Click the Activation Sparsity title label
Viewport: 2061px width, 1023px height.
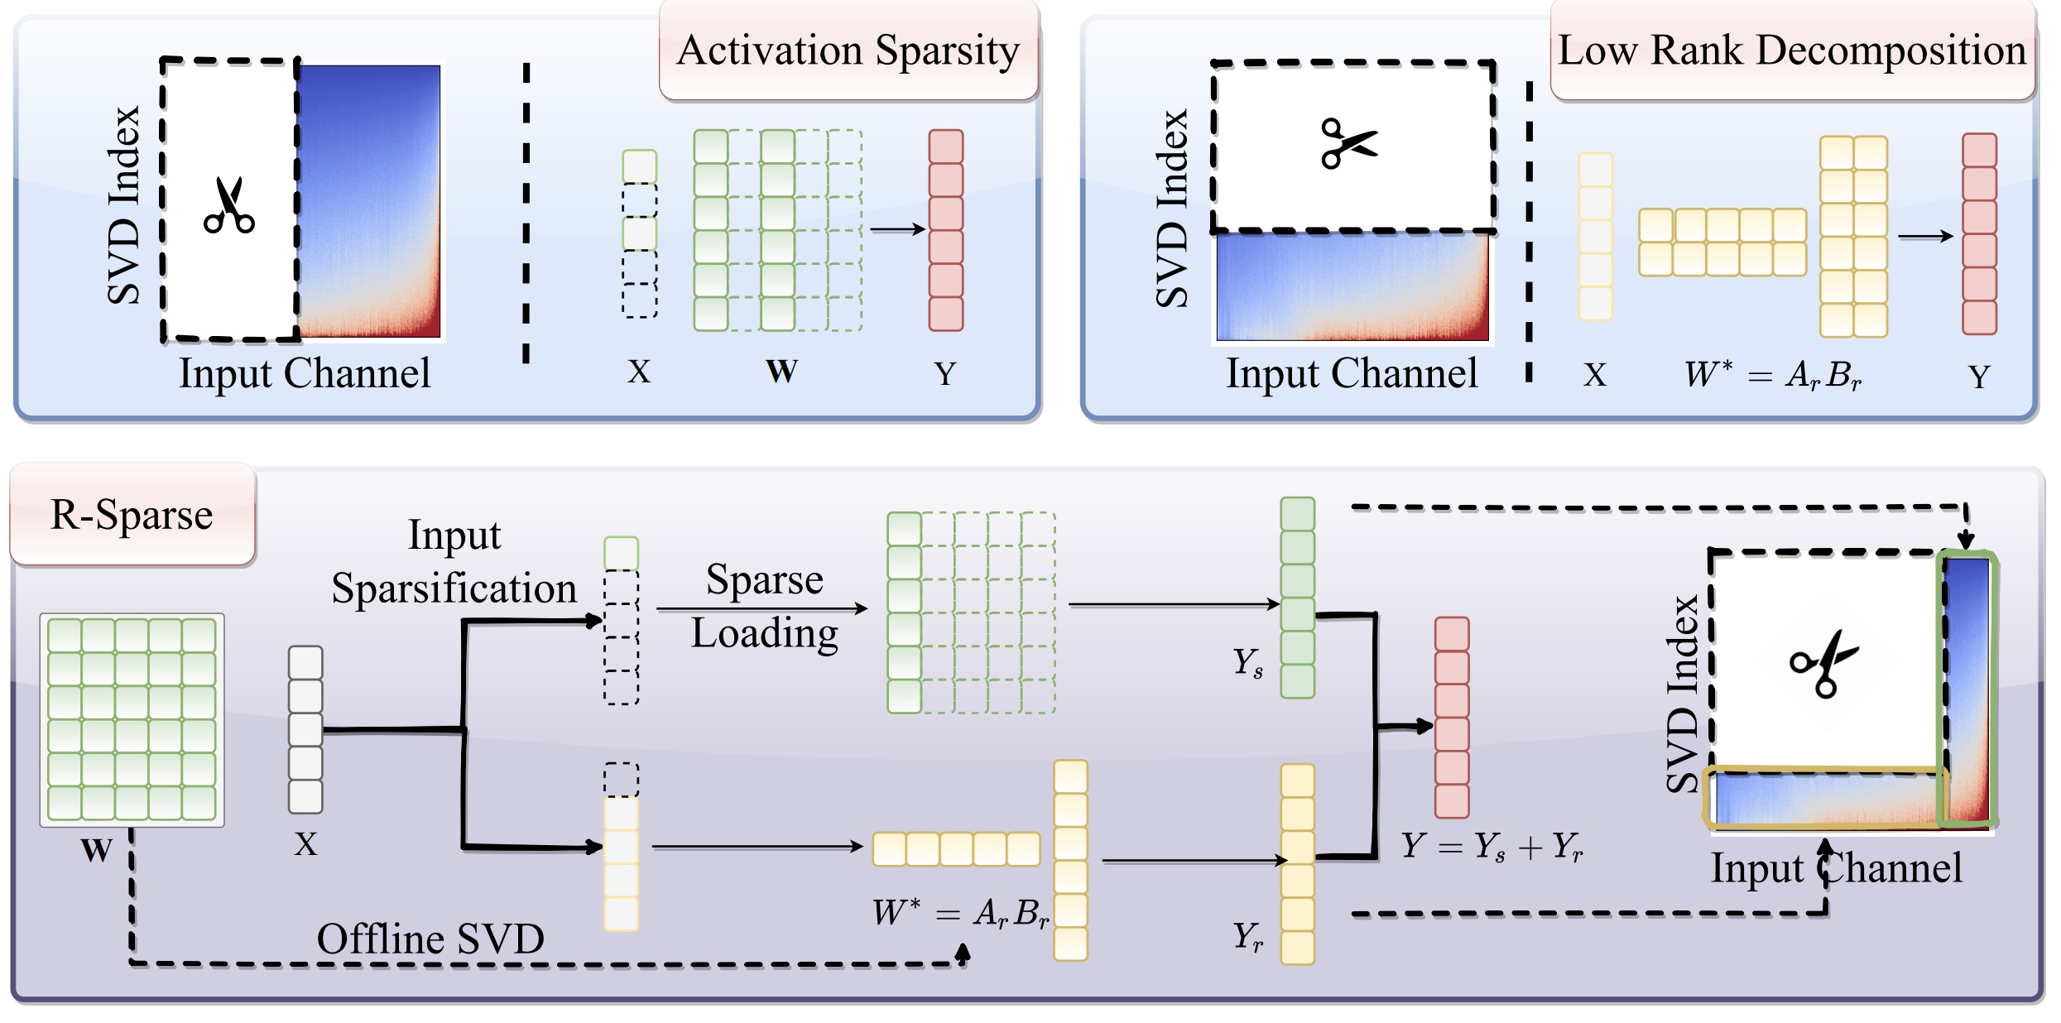[848, 51]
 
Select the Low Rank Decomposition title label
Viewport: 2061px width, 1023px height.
[1791, 51]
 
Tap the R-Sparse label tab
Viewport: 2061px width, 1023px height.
[132, 515]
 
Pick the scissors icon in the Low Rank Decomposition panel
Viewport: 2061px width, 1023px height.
[1349, 143]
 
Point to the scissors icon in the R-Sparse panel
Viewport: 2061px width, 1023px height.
[1824, 662]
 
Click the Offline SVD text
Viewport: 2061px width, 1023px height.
[430, 939]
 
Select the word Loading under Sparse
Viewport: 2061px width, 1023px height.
[764, 634]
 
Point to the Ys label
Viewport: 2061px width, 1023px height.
[1247, 662]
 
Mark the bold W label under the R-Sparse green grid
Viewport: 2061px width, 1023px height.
[96, 850]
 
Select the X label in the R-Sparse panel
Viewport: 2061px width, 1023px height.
[305, 845]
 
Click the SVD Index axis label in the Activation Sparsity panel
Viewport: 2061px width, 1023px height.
[124, 205]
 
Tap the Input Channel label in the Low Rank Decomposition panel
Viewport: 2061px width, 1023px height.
[1351, 373]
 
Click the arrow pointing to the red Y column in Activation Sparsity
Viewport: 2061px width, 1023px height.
[897, 229]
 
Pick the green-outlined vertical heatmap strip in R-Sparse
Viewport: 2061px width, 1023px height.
[1967, 689]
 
